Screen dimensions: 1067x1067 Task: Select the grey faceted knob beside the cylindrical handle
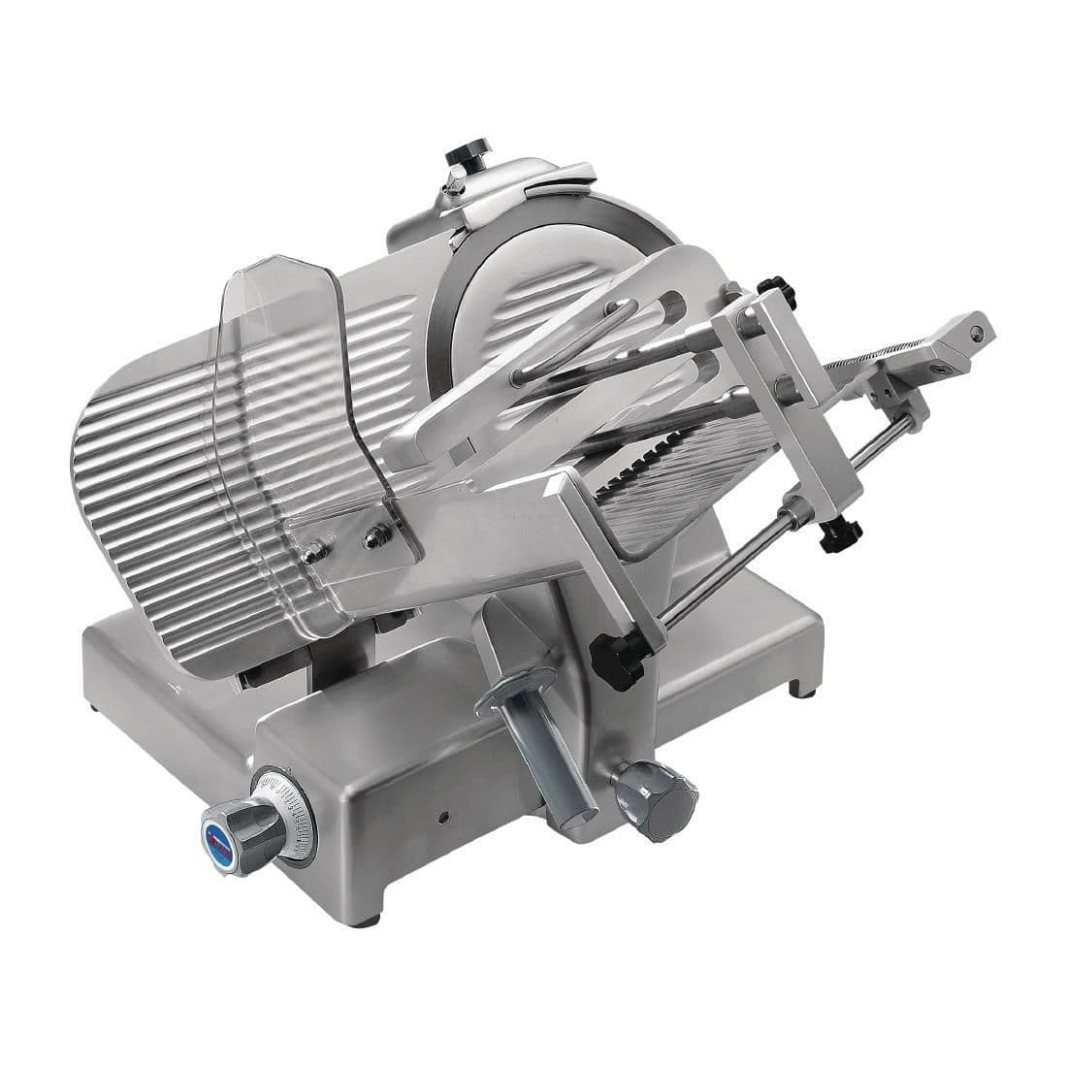[x=661, y=794]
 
